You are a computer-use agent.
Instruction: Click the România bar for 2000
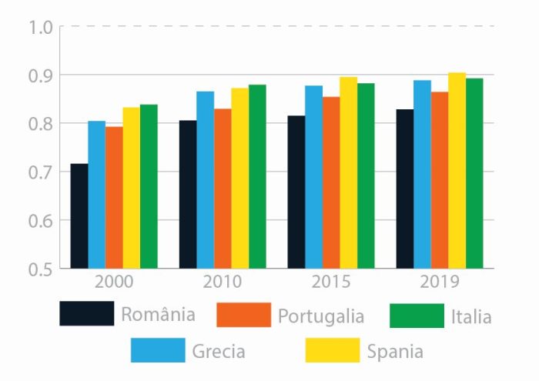click(x=79, y=216)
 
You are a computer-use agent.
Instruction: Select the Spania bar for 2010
click(x=239, y=178)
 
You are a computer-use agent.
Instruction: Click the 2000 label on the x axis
click(x=114, y=282)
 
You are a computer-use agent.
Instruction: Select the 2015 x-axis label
click(x=331, y=282)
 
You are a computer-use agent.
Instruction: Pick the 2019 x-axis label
click(x=440, y=282)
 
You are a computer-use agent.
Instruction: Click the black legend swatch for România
click(x=87, y=314)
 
